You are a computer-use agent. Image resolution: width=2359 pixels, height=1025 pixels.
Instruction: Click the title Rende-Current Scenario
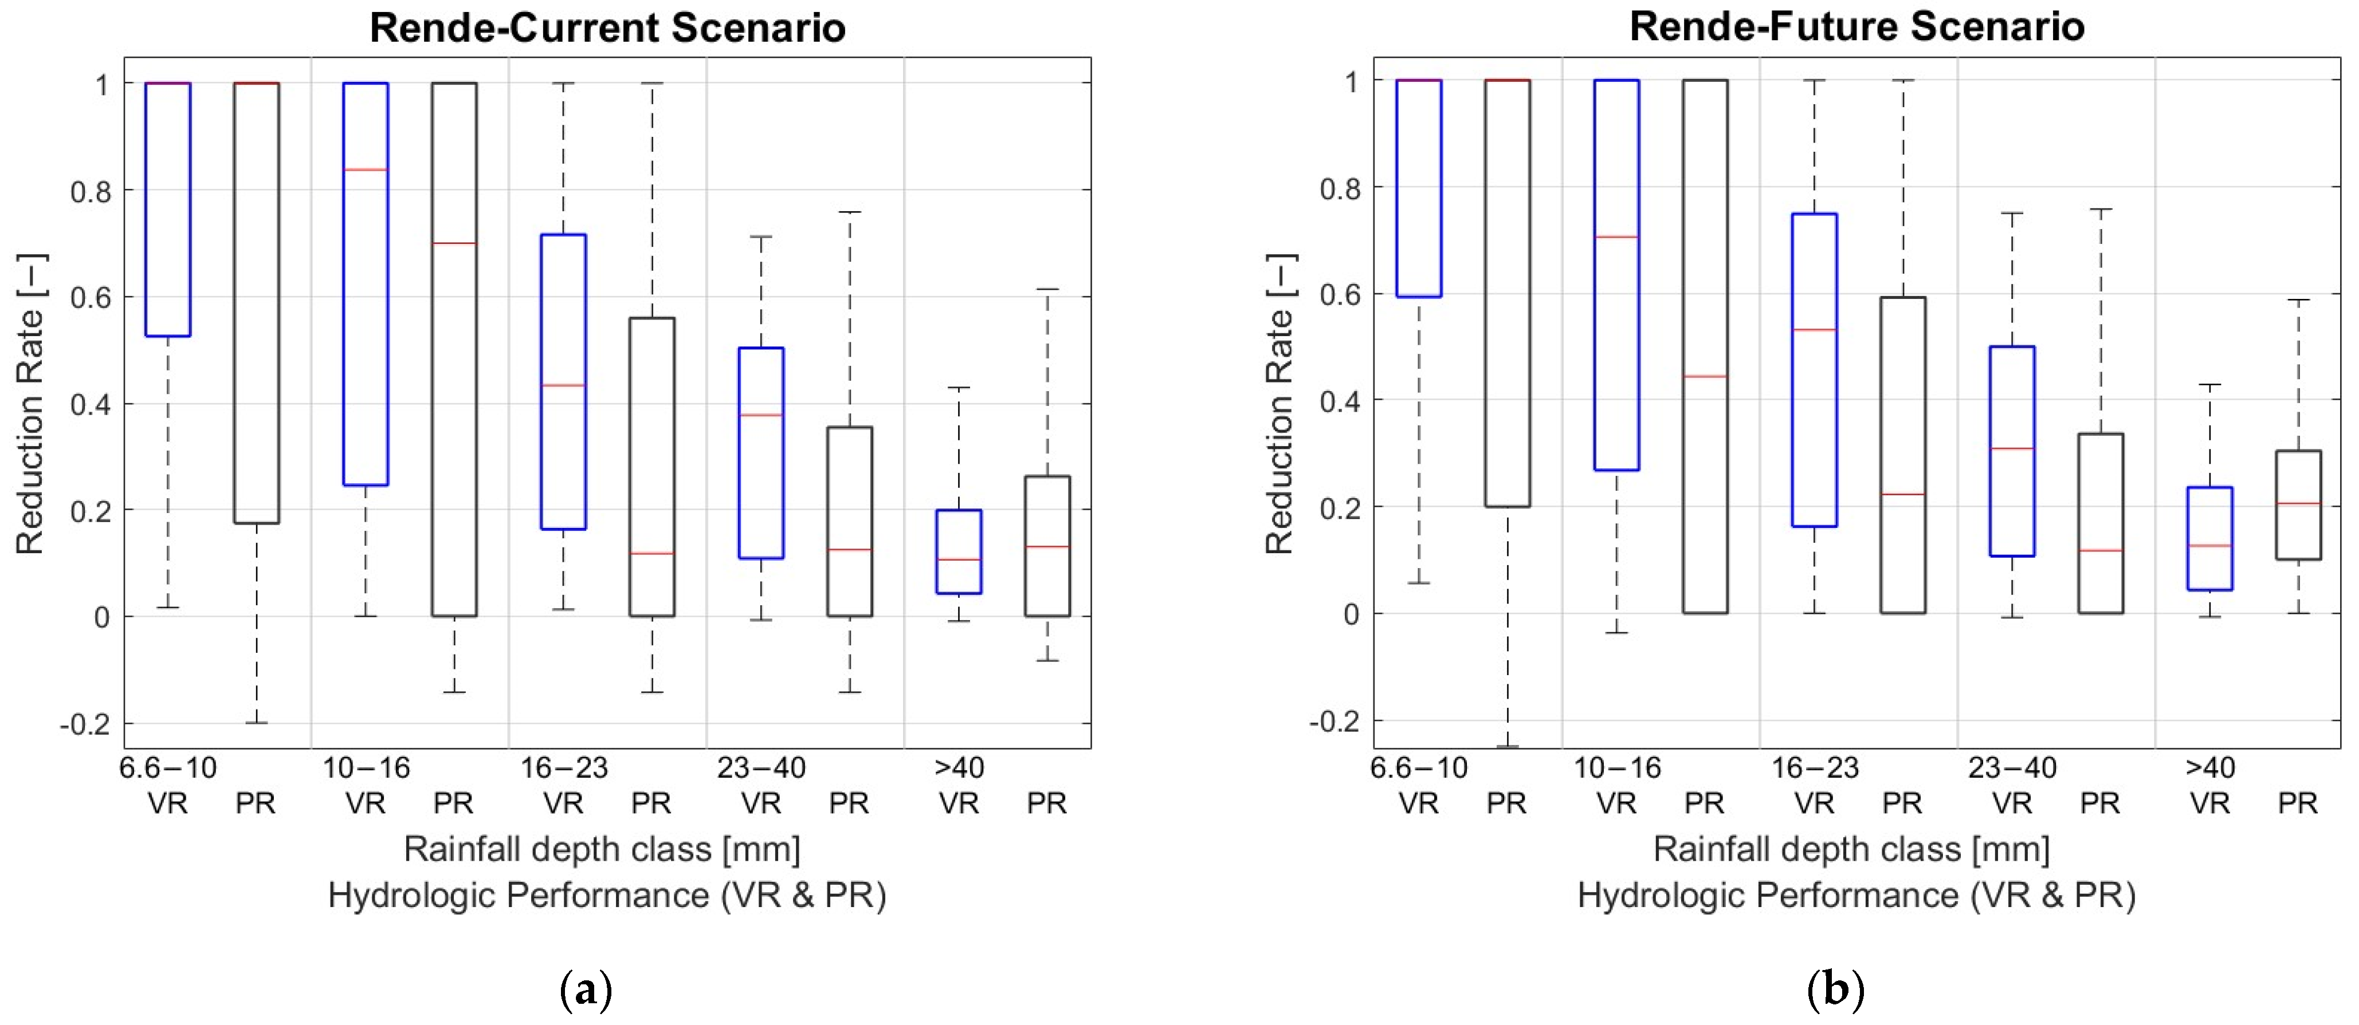click(607, 27)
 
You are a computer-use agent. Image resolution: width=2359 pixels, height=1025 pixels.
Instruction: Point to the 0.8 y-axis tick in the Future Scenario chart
click(1340, 188)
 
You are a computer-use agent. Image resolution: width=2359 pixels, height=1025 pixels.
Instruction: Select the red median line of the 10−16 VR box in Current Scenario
click(366, 170)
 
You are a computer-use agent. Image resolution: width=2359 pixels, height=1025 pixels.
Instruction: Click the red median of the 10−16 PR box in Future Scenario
click(1705, 376)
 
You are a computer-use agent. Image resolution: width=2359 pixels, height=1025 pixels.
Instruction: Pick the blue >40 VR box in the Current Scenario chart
click(959, 552)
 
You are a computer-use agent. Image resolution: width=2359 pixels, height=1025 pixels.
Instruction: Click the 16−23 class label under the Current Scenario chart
click(563, 768)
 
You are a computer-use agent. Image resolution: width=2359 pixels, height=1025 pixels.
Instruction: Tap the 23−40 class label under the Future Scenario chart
click(2012, 768)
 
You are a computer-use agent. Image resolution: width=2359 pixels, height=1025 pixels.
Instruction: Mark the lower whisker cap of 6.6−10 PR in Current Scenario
click(257, 723)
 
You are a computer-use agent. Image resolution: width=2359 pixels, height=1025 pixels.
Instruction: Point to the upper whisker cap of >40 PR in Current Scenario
click(1047, 289)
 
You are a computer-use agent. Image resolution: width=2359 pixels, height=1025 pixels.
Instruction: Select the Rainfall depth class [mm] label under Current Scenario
click(602, 849)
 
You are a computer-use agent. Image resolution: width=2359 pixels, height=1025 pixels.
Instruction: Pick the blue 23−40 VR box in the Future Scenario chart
click(2012, 451)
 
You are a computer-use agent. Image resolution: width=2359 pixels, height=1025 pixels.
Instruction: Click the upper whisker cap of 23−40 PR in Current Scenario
click(850, 212)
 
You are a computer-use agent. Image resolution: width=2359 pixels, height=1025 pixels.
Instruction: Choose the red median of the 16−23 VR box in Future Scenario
click(1814, 329)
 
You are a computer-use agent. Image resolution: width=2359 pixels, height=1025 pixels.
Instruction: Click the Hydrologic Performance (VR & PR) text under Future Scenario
click(1856, 895)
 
